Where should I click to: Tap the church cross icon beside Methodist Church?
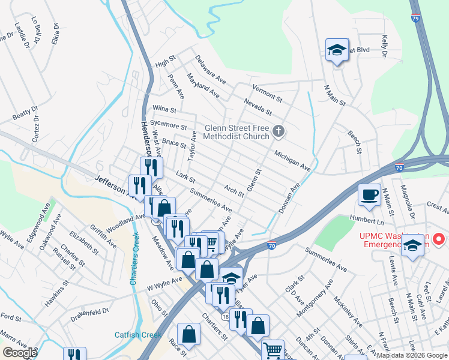point(277,131)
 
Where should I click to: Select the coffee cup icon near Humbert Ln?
point(369,194)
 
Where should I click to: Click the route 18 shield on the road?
point(225,316)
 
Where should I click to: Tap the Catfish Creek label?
point(138,335)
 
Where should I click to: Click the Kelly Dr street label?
point(383,46)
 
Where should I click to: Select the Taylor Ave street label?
point(193,146)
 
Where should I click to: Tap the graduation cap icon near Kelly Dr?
point(337,50)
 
